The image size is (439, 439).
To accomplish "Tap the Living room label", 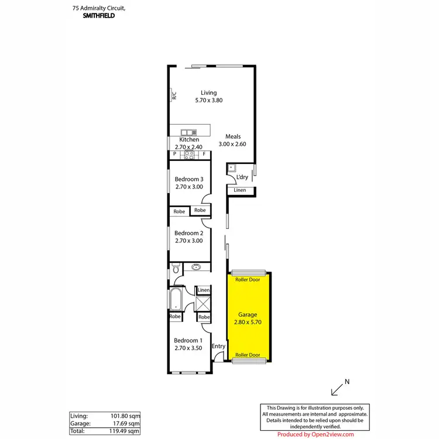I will coord(208,93).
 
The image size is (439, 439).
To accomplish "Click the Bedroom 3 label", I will coord(189,179).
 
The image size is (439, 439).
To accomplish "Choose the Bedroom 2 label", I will coord(189,233).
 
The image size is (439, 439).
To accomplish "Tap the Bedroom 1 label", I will coord(188,341).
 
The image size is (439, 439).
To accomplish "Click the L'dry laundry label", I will coord(242,177).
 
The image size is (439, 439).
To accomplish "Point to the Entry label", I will coord(218,346).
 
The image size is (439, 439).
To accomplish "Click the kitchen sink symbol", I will coord(188,132).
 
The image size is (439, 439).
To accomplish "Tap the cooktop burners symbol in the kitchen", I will coord(189,155).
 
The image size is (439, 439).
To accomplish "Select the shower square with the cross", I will coord(204,304).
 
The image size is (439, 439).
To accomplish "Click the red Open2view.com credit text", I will coord(315,434).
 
